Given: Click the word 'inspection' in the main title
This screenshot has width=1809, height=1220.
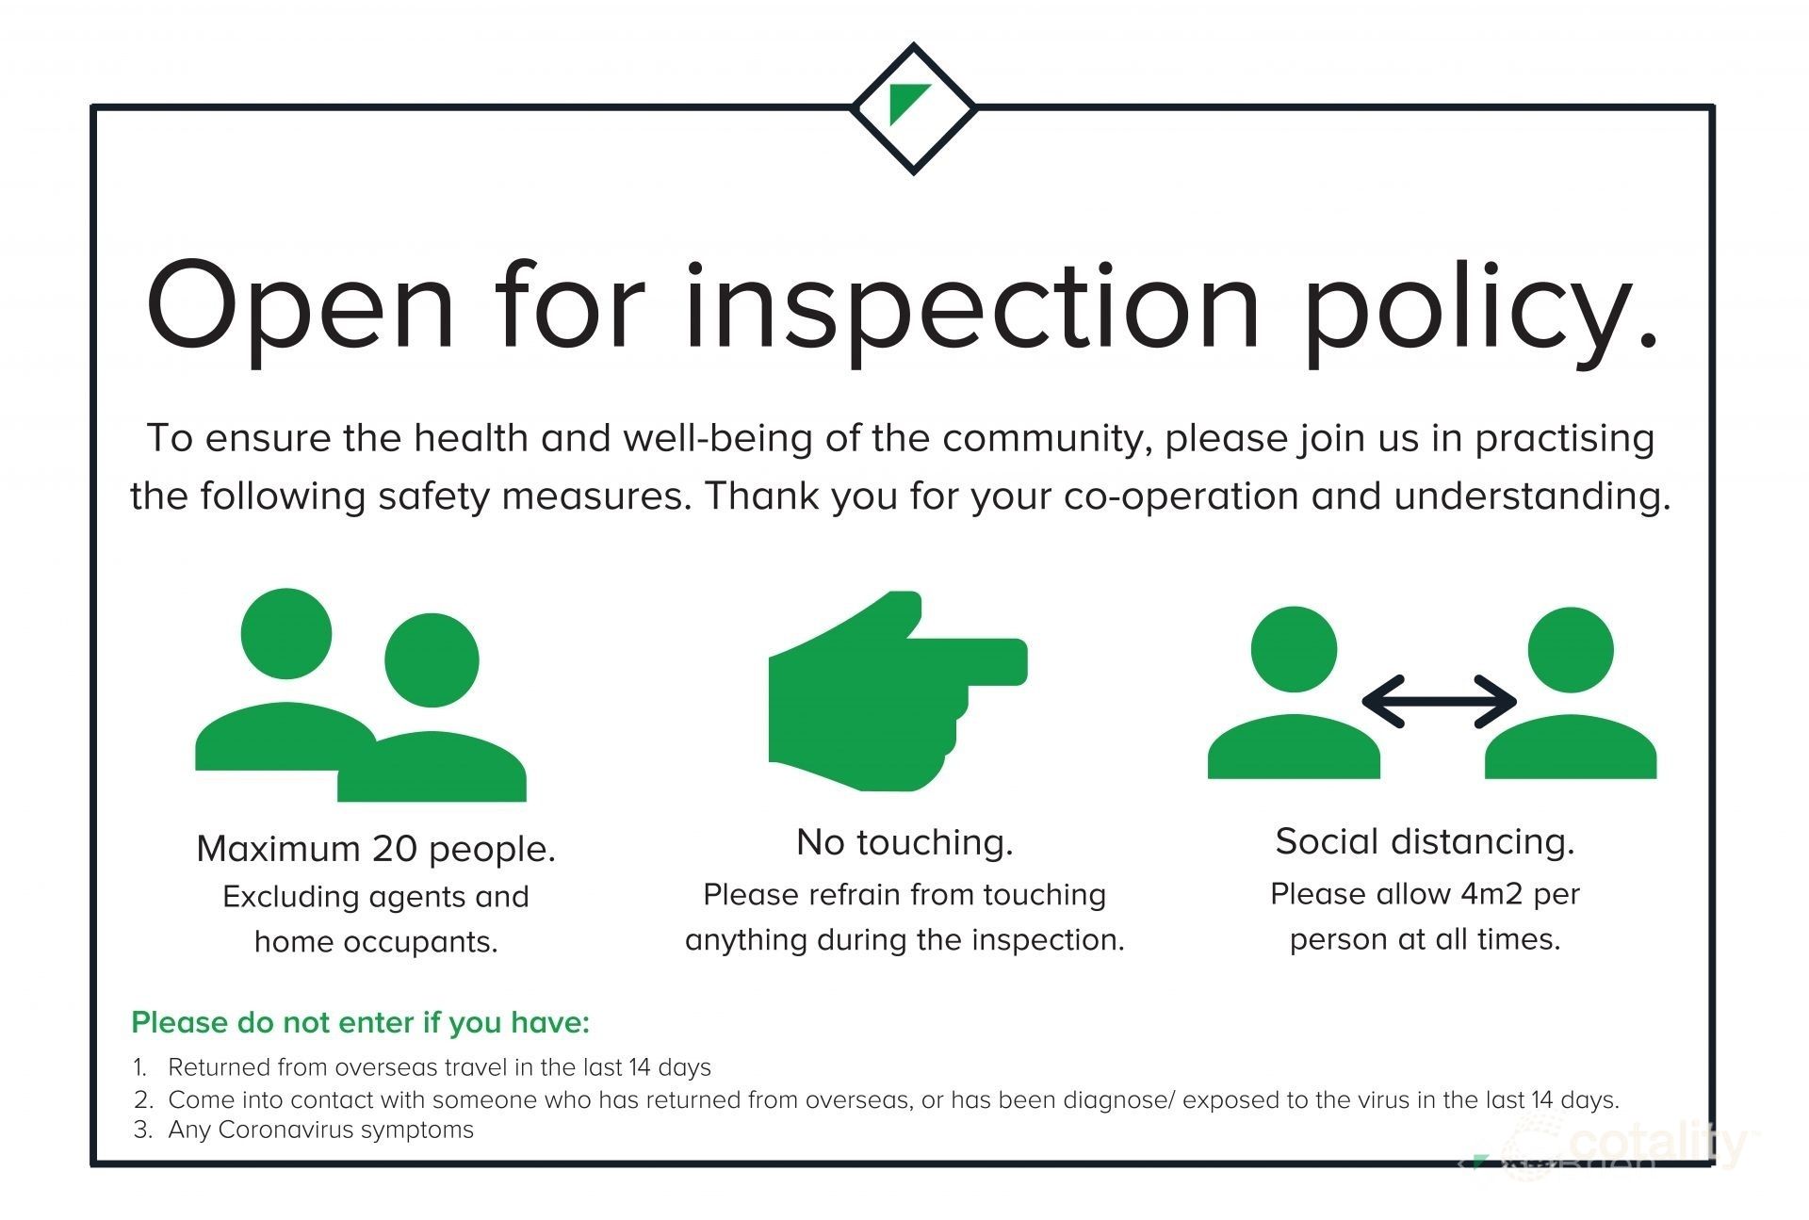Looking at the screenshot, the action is (971, 307).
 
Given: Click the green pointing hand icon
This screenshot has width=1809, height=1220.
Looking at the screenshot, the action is (898, 691).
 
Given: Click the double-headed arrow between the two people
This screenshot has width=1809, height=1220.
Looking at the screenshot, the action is (1440, 702).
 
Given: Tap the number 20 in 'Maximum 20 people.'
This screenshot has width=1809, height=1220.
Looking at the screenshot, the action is (395, 849).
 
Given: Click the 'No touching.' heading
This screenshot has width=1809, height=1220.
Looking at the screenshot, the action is (904, 842).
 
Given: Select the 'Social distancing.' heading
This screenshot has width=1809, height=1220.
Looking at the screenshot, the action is (1425, 841).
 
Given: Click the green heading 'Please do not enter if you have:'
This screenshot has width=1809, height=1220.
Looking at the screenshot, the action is (360, 1022).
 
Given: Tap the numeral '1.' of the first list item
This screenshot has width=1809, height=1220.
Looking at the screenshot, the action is (141, 1067).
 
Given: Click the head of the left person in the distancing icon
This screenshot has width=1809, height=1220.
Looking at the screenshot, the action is (1294, 649).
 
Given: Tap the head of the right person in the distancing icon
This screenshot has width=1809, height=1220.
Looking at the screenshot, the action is (1571, 649).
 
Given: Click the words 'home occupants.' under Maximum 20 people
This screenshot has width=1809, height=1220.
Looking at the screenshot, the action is (376, 941).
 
